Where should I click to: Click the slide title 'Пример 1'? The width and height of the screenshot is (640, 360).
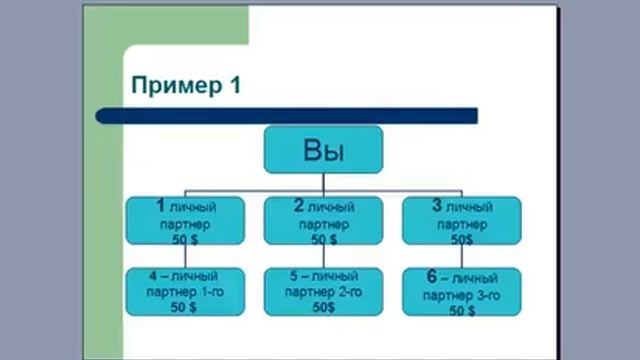(x=186, y=86)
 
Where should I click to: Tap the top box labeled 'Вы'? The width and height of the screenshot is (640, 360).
(x=323, y=151)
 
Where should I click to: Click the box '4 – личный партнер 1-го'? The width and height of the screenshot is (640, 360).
(x=185, y=291)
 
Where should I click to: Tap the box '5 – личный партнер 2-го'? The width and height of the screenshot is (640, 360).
(x=323, y=291)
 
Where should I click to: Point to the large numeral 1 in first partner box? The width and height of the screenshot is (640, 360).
(x=160, y=206)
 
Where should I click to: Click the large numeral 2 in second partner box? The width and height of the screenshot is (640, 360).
(x=298, y=206)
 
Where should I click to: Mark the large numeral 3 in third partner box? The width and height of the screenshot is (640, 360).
(x=436, y=206)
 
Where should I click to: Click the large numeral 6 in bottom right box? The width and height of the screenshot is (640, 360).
(x=431, y=275)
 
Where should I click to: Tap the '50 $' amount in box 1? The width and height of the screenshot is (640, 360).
(x=185, y=240)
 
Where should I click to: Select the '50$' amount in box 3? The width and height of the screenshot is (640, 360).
(x=461, y=240)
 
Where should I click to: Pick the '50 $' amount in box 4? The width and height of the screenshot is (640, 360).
(x=185, y=308)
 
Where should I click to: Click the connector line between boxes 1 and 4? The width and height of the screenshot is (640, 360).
(x=185, y=256)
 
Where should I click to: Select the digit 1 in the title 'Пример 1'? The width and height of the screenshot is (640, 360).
(x=234, y=86)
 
